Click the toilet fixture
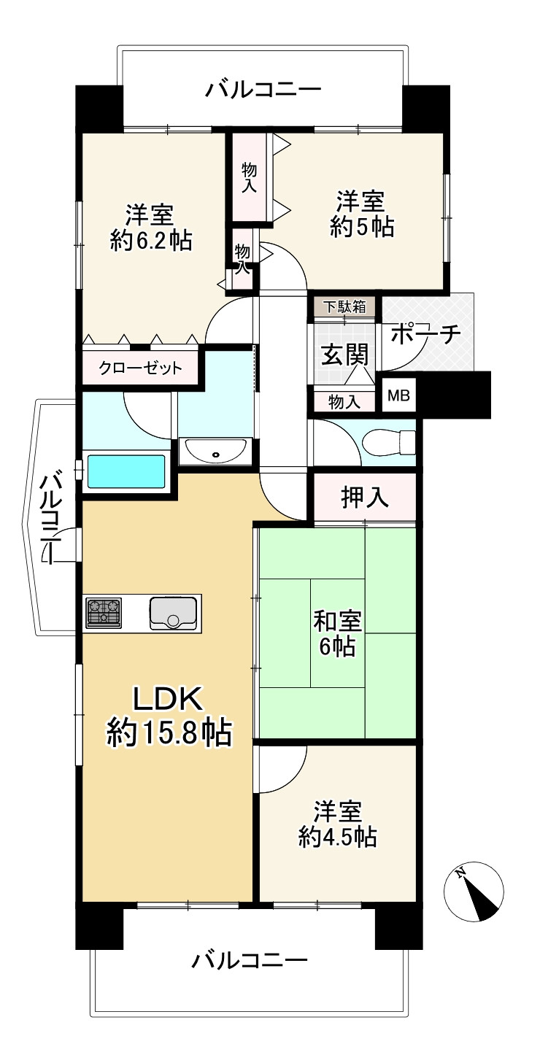tap(391, 441)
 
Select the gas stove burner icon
tap(104, 613)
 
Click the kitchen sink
tap(173, 612)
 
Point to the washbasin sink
tap(216, 452)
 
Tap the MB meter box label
tap(398, 396)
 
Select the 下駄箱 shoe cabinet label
tap(344, 306)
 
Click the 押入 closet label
tap(364, 498)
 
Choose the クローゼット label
tap(141, 368)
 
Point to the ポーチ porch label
tap(425, 334)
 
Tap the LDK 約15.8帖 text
tap(169, 715)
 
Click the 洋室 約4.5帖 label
tap(337, 824)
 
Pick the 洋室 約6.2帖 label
tap(150, 228)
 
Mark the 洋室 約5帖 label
tap(361, 213)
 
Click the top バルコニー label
tap(263, 90)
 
